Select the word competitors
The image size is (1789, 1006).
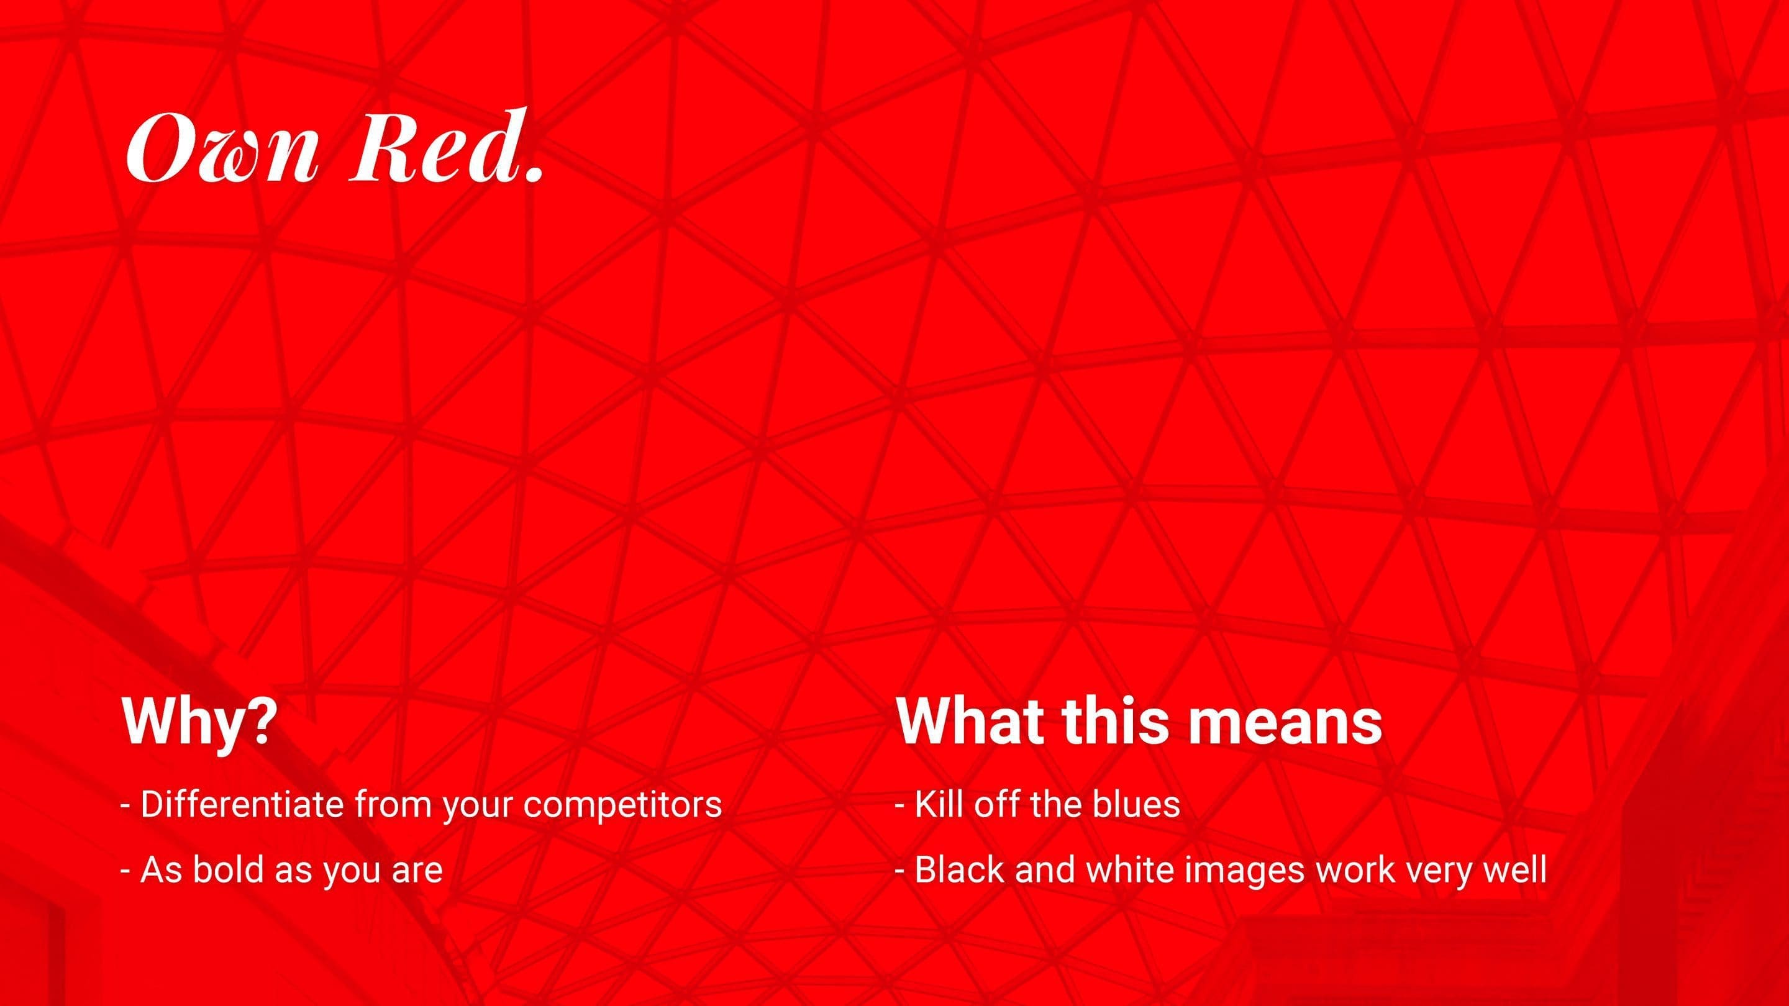coord(622,807)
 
